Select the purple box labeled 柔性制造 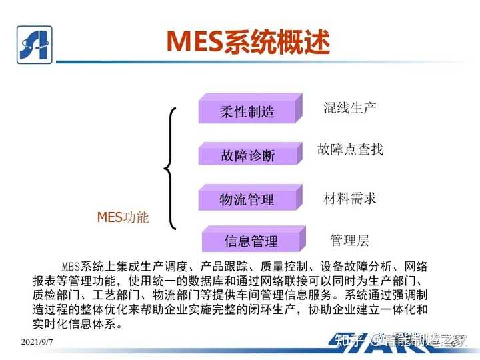coord(247,111)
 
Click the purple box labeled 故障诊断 coord(247,155)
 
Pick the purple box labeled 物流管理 coord(247,199)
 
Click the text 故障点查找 coord(350,149)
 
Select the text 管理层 coord(349,240)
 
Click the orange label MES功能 coord(123,217)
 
